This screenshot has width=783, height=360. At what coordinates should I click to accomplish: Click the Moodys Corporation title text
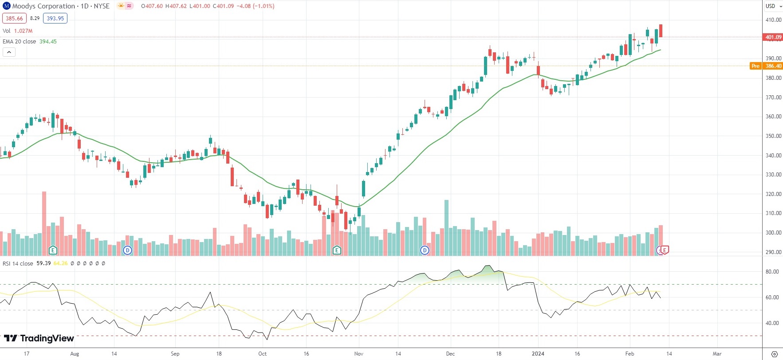point(43,6)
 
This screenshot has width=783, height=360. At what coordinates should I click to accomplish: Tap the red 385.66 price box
point(14,19)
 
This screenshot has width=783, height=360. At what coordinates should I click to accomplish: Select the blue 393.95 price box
point(55,19)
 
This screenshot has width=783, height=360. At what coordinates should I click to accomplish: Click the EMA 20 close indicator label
point(20,42)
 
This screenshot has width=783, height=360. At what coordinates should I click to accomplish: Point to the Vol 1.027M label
point(17,31)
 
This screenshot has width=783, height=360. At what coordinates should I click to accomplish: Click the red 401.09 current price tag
point(773,37)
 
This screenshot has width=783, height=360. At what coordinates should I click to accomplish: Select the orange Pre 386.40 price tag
point(767,66)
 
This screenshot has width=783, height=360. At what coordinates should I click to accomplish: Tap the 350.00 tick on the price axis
point(773,136)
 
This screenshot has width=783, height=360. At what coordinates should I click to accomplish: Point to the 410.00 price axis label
point(773,20)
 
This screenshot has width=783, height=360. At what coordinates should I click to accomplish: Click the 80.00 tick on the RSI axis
point(772,272)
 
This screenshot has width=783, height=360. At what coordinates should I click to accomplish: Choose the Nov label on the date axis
point(359,354)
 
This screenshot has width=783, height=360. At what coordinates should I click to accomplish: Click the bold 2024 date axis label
point(538,354)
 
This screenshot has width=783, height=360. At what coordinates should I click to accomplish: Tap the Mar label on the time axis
point(717,354)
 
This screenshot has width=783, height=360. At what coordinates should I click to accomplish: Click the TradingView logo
point(39,339)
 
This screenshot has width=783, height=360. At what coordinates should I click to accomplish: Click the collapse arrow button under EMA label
point(9,52)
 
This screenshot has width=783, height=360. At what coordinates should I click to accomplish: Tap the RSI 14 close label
point(18,264)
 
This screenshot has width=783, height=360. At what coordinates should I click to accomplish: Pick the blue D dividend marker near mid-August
point(128,250)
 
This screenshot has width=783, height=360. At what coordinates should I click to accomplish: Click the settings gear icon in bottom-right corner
point(775,354)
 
